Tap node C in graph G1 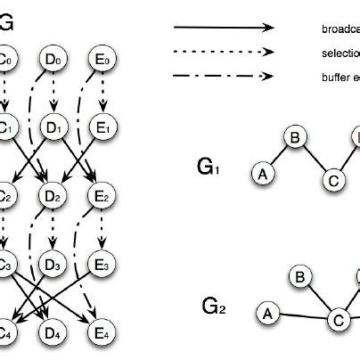tap(332, 181)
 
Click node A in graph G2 tap(266, 313)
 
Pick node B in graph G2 tap(301, 278)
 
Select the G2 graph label tap(213, 307)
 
